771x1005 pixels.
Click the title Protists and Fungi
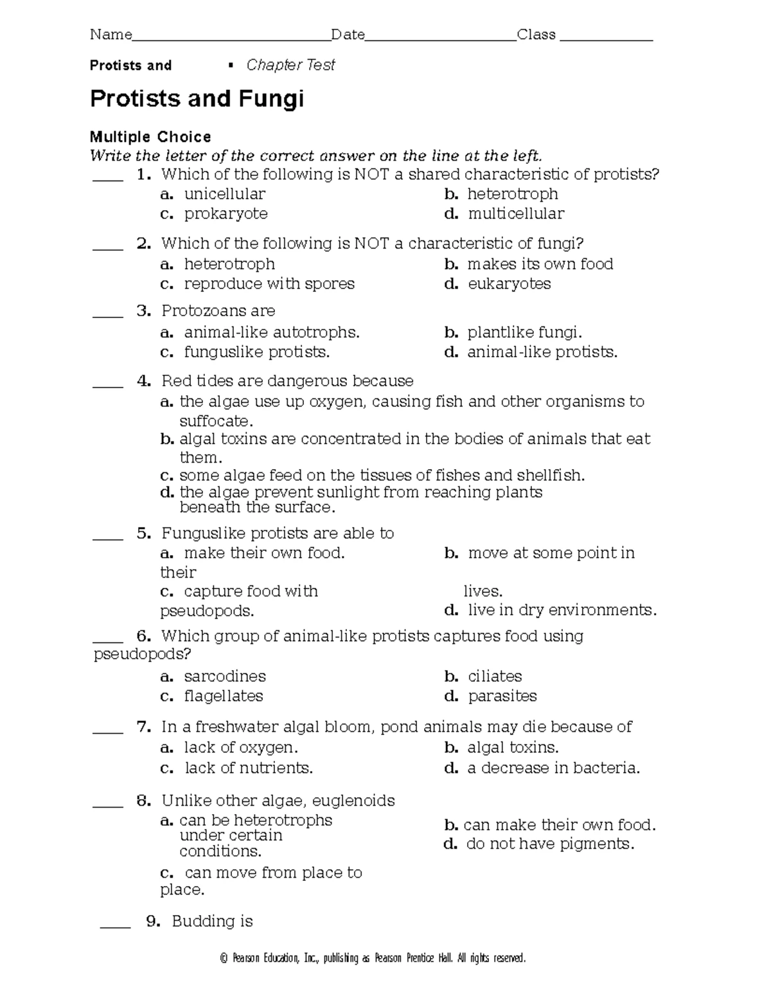pos(197,99)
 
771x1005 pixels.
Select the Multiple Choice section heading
pos(150,137)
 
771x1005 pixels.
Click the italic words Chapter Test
pos(290,65)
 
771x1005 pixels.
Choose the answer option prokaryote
pos(226,213)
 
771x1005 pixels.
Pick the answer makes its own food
pos(540,264)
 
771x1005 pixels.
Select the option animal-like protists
pos(542,352)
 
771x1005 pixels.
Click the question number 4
pos(144,381)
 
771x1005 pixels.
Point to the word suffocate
pos(215,422)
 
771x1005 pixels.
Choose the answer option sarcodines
pos(224,677)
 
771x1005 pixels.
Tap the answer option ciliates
pos(495,677)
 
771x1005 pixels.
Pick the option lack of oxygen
pos(241,748)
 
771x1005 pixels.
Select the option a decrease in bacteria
pos(553,769)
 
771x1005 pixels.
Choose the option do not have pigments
pos(550,844)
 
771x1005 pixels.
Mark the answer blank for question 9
pos(115,926)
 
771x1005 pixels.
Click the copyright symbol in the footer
pos(224,959)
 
